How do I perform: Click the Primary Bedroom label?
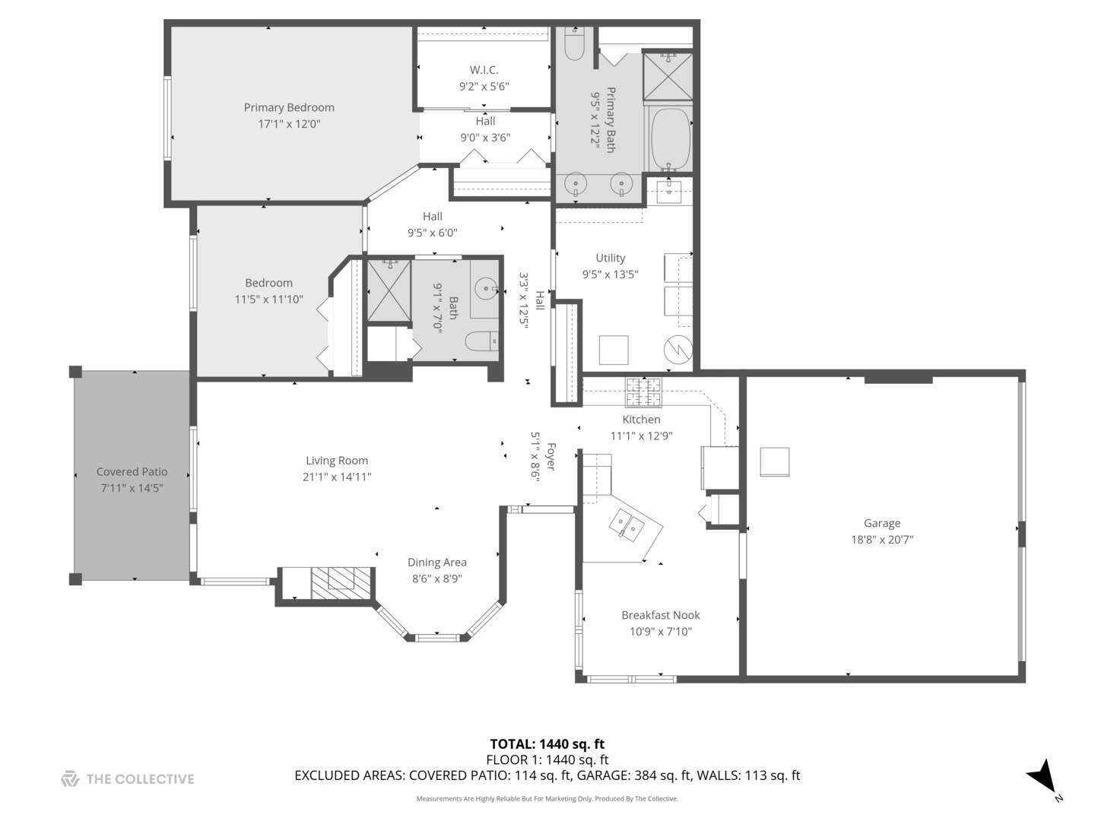[x=289, y=107]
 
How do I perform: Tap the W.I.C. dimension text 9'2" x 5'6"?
[x=484, y=87]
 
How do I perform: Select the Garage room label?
[x=882, y=523]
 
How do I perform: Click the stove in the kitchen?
[x=643, y=392]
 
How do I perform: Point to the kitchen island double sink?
[x=627, y=525]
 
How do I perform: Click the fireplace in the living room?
[x=342, y=582]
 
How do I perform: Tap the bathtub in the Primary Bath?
[x=669, y=140]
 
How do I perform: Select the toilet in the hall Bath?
[x=481, y=341]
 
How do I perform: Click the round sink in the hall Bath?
[x=485, y=288]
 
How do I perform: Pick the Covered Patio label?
[x=132, y=471]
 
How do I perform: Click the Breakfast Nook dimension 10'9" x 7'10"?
[x=660, y=632]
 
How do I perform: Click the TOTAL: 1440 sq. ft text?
[x=547, y=744]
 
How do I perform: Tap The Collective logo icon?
[x=70, y=778]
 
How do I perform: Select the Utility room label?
[x=610, y=258]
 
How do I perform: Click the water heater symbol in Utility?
[x=678, y=350]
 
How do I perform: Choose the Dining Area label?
[x=436, y=562]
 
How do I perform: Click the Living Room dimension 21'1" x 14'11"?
[x=337, y=477]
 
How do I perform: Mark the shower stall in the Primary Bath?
[x=668, y=75]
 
